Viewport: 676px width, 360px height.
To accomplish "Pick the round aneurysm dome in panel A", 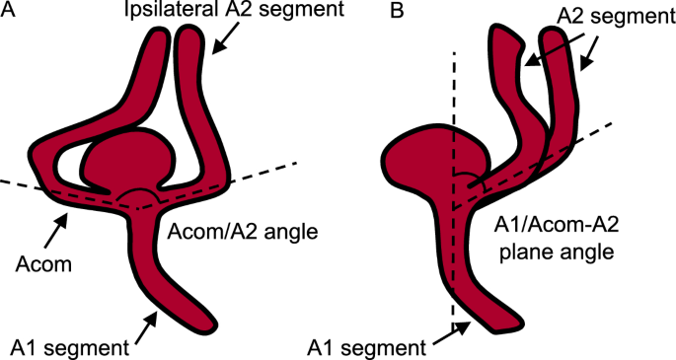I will click(128, 157).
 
